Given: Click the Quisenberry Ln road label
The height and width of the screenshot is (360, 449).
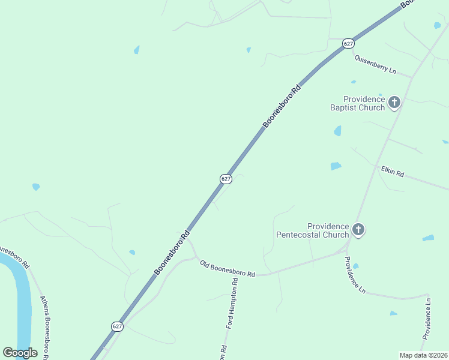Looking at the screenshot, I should [375, 64].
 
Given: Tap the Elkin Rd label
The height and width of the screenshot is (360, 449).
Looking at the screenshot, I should [393, 172].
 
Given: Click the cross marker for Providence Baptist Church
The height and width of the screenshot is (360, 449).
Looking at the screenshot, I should [394, 102].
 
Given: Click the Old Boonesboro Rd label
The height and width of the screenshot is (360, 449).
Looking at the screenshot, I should [228, 268].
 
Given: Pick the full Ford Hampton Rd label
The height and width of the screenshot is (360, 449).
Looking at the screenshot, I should [232, 303].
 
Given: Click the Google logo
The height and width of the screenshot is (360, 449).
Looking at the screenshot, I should [20, 353].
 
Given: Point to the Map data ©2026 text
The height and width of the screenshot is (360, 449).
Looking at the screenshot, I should [423, 355].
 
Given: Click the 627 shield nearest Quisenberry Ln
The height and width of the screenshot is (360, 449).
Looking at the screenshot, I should [349, 43].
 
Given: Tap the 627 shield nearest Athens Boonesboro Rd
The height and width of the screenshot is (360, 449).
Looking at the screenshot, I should [117, 326].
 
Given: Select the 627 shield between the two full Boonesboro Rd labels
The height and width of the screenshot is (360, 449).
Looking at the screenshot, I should [225, 179].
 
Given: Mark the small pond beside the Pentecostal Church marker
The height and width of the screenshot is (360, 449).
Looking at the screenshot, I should [355, 266].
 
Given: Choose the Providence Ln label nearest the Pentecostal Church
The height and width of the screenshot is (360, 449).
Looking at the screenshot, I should [354, 275].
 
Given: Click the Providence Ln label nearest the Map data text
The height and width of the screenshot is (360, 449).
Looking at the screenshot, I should [426, 318].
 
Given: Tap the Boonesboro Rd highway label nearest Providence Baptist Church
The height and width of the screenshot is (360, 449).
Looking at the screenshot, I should [281, 106].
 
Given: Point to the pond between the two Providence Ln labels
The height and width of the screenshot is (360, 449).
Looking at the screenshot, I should [393, 313].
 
